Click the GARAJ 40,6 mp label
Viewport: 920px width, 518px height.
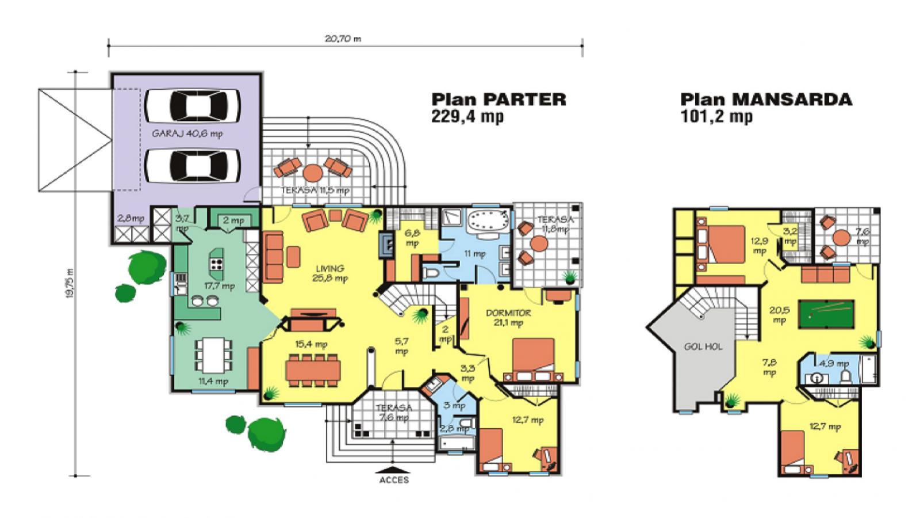[x=187, y=134]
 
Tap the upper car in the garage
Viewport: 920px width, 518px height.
[x=193, y=105]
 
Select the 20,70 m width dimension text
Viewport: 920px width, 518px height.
[x=343, y=39]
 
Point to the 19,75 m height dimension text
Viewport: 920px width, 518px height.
[x=70, y=283]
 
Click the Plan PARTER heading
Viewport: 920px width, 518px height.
[x=499, y=100]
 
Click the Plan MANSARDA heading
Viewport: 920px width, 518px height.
[x=766, y=100]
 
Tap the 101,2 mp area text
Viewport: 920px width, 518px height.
[x=716, y=116]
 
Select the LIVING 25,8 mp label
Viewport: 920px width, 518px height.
[x=330, y=273]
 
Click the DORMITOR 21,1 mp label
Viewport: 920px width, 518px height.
[x=508, y=317]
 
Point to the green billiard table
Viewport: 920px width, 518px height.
[x=826, y=314]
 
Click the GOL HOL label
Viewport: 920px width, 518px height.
[x=703, y=346]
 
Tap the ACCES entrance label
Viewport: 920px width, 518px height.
[x=394, y=479]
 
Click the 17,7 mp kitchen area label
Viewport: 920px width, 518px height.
[x=220, y=285]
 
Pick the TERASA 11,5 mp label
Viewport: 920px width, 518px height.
[x=315, y=190]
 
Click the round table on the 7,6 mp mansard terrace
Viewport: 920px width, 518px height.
[x=841, y=237]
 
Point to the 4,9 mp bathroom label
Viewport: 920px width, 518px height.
[x=834, y=364]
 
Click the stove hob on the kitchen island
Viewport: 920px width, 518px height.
[x=217, y=264]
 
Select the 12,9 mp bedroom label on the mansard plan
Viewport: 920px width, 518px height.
[x=759, y=246]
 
